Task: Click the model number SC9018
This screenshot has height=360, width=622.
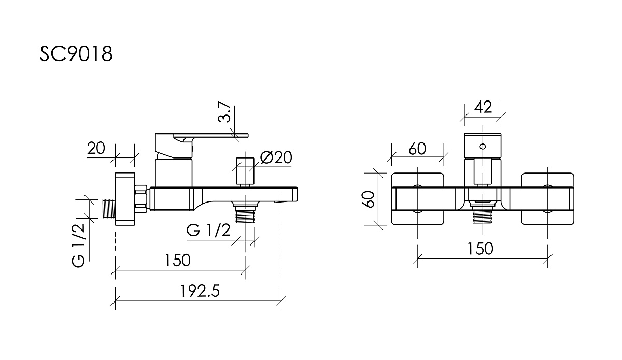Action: pyautogui.click(x=76, y=53)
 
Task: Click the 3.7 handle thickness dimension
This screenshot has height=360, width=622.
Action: pyautogui.click(x=224, y=111)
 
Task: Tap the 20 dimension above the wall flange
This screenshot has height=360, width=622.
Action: pyautogui.click(x=96, y=148)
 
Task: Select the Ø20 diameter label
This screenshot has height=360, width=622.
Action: pyautogui.click(x=276, y=157)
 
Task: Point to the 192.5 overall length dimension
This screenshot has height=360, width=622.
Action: pyautogui.click(x=200, y=291)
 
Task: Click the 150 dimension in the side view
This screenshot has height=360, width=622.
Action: pyautogui.click(x=178, y=260)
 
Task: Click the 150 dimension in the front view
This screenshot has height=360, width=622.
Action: pyautogui.click(x=480, y=249)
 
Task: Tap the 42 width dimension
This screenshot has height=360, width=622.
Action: pyautogui.click(x=483, y=107)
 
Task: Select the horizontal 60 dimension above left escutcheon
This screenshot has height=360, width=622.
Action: pyautogui.click(x=417, y=149)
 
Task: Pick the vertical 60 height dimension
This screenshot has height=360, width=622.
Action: pyautogui.click(x=369, y=199)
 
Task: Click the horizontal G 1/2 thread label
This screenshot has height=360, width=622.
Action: pyautogui.click(x=208, y=230)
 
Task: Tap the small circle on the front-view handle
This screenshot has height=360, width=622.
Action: pyautogui.click(x=483, y=146)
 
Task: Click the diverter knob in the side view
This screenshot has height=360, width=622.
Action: pyautogui.click(x=245, y=172)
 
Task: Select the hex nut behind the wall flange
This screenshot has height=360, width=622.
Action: pyautogui.click(x=141, y=199)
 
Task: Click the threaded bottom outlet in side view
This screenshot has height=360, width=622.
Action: pyautogui.click(x=245, y=213)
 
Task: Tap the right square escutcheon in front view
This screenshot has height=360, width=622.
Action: pyautogui.click(x=547, y=199)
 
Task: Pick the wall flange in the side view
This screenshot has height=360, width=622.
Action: pyautogui.click(x=125, y=199)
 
